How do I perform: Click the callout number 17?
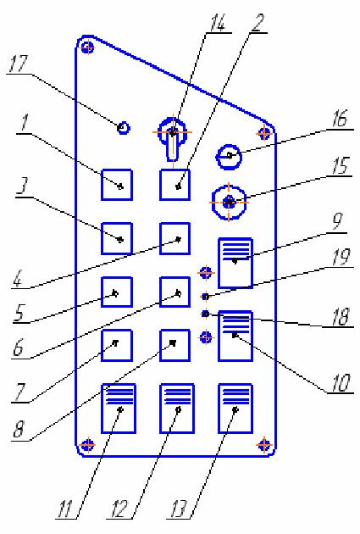point(18,64)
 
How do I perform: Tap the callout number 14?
point(218,23)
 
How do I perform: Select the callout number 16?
point(340,120)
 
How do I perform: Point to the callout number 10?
point(341,383)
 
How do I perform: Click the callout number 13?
point(180,509)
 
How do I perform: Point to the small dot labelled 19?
point(206,297)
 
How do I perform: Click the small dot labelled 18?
point(206,314)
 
